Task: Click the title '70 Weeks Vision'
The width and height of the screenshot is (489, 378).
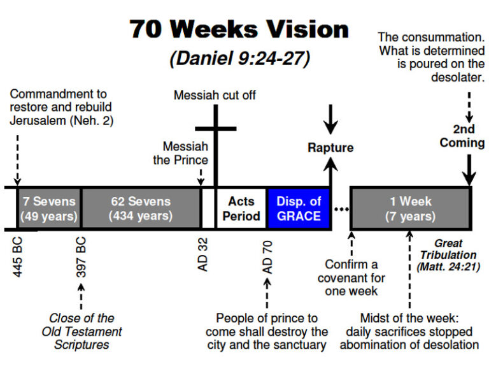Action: click(239, 30)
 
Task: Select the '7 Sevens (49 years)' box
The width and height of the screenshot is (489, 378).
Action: click(48, 208)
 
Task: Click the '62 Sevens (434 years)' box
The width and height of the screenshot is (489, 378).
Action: click(141, 208)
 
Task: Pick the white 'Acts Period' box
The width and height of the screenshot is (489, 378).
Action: click(241, 208)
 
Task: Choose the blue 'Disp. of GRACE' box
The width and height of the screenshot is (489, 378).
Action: click(299, 208)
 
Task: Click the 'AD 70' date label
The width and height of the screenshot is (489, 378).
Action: click(268, 255)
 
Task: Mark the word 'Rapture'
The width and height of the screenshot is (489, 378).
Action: click(330, 148)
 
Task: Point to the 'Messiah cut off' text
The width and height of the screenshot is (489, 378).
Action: click(215, 96)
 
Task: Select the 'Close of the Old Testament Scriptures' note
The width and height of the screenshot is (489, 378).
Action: click(81, 331)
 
